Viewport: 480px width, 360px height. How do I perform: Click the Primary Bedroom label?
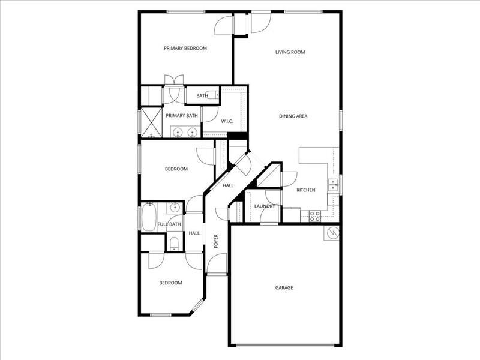[185, 49]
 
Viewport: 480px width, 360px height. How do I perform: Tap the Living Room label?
[290, 52]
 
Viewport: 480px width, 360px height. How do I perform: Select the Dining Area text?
[293, 116]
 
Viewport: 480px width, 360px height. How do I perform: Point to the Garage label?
[284, 288]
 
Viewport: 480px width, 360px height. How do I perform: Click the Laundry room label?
[265, 206]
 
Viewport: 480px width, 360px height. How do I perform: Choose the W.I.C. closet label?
[227, 122]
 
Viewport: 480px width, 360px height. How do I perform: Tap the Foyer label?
[216, 242]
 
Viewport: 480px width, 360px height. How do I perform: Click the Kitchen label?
[306, 190]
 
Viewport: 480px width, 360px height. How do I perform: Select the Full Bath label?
[169, 224]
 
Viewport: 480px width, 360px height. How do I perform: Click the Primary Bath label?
[182, 116]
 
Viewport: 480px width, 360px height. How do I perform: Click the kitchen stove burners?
[314, 215]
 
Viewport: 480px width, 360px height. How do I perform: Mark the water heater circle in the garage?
[332, 232]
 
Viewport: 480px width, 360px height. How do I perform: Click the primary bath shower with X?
[152, 123]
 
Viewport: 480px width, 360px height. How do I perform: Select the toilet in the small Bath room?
[211, 95]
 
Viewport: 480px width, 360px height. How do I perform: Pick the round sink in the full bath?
[174, 208]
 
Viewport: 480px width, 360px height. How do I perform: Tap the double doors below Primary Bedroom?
[174, 82]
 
